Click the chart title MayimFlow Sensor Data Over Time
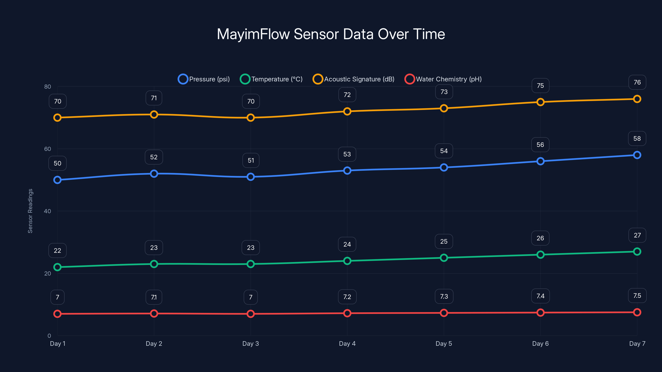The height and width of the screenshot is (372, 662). click(331, 34)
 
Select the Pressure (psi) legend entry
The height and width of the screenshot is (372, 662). click(204, 79)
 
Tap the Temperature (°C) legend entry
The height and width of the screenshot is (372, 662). click(271, 79)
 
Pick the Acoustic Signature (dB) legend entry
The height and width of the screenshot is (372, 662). click(353, 79)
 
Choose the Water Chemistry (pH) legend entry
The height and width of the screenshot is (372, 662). click(443, 79)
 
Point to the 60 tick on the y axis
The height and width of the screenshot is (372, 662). click(48, 149)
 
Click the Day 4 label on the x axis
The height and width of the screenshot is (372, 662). click(347, 343)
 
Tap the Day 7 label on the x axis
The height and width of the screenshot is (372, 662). click(637, 343)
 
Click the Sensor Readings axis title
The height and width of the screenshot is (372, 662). click(30, 211)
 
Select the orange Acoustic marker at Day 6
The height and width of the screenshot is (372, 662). click(540, 102)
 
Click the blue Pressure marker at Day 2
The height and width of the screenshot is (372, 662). click(154, 174)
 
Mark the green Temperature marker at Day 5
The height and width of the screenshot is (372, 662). click(444, 258)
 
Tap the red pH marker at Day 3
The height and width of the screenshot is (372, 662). click(251, 314)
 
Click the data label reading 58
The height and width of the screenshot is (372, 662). click(637, 139)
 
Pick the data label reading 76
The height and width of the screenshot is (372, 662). click(637, 82)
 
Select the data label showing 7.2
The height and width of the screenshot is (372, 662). click(347, 297)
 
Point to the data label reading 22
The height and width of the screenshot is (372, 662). click(57, 250)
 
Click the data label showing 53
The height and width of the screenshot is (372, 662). click(347, 154)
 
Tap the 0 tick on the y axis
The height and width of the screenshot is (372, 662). click(49, 336)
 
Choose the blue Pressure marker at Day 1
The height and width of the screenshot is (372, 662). click(57, 180)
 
